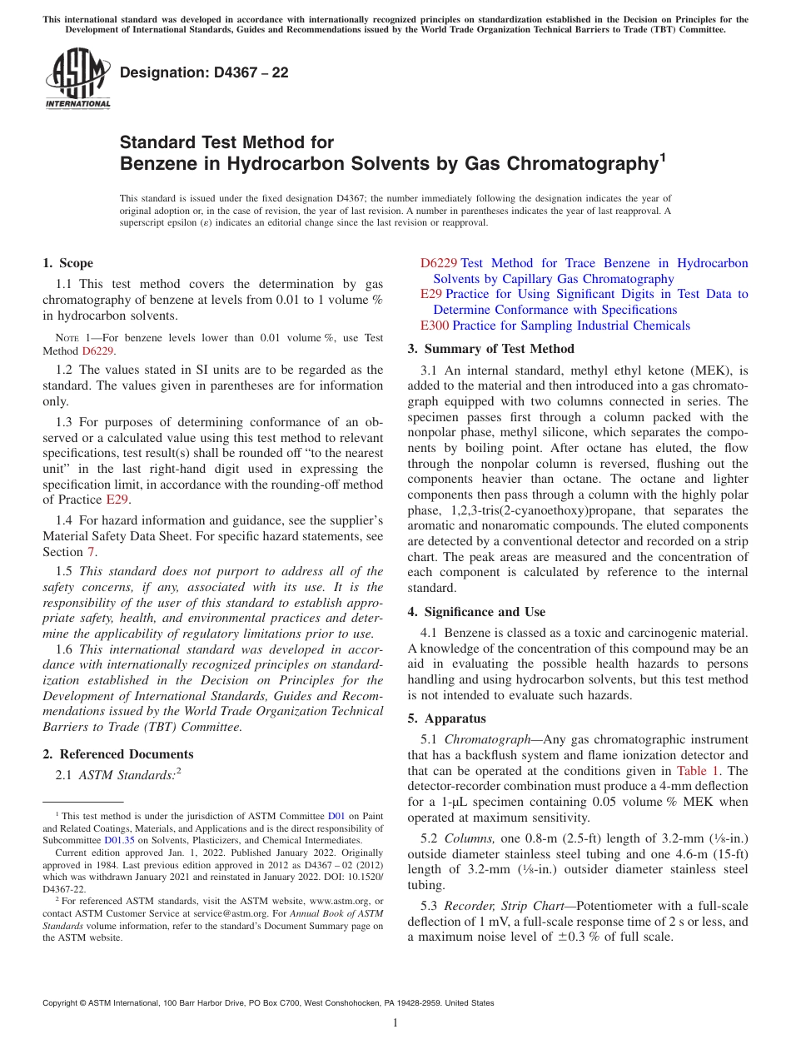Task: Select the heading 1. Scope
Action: click(68, 263)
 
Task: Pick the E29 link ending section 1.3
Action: click(117, 500)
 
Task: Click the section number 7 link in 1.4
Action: click(91, 552)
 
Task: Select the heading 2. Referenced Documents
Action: click(118, 754)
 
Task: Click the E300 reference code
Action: click(435, 326)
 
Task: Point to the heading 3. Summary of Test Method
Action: click(491, 349)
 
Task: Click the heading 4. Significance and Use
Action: click(476, 612)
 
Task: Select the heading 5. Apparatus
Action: click(447, 718)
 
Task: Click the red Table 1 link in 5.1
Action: click(699, 770)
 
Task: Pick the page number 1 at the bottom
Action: click(395, 1022)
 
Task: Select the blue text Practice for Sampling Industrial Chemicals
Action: click(571, 326)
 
